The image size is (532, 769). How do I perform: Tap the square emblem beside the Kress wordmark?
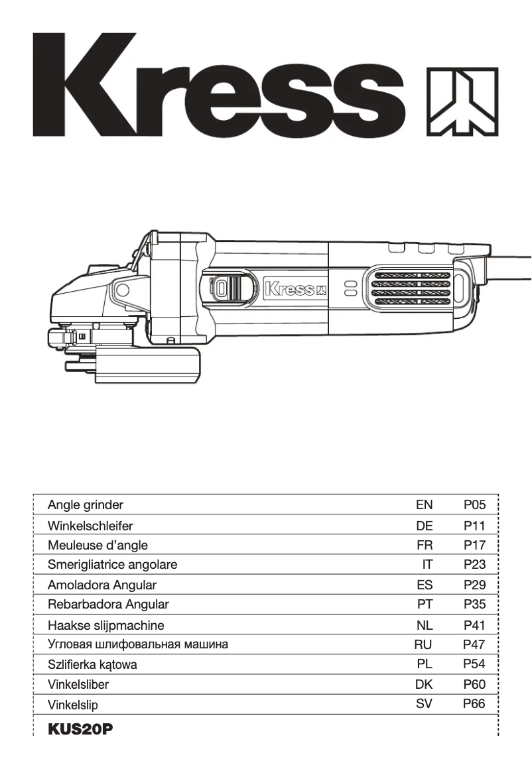click(x=462, y=101)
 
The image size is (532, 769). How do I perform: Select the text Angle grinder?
click(x=86, y=505)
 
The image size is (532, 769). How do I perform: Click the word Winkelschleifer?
click(x=90, y=526)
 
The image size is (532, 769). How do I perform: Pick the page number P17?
click(x=475, y=546)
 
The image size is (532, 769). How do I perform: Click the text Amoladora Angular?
click(x=102, y=585)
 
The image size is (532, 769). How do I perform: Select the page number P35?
click(x=475, y=605)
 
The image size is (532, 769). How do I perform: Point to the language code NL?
click(x=425, y=625)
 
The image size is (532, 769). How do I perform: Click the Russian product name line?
click(x=138, y=644)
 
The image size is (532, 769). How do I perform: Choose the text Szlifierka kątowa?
click(x=92, y=664)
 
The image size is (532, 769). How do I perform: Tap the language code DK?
click(x=424, y=684)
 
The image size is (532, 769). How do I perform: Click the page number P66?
click(x=474, y=704)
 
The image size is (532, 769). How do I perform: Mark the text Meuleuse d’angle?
click(x=98, y=546)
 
